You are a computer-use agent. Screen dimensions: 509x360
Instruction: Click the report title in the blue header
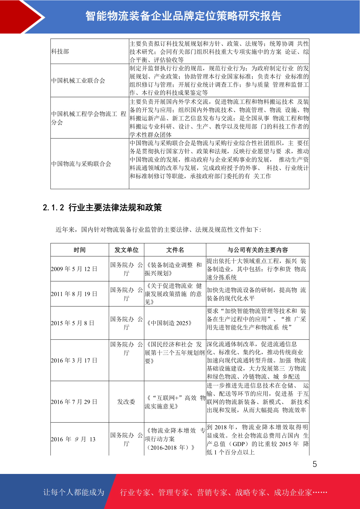(x=183, y=16)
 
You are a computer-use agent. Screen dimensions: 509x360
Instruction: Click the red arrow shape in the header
(x=21, y=17)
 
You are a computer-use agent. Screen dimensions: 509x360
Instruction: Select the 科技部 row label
(x=60, y=51)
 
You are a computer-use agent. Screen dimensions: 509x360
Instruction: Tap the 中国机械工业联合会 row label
(x=78, y=81)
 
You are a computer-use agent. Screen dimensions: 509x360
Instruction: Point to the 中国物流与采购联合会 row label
(x=81, y=164)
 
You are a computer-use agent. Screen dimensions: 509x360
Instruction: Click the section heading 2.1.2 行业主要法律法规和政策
(x=102, y=208)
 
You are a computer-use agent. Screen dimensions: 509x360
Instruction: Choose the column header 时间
(x=79, y=250)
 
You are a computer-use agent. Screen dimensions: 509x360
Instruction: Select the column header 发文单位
(x=126, y=250)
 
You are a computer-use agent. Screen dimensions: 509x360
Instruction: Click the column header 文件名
(x=175, y=250)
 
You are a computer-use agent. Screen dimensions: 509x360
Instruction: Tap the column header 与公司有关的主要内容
(x=258, y=250)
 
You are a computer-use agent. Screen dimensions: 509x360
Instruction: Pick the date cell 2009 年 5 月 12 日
(x=74, y=269)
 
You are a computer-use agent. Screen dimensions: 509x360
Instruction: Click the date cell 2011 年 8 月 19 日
(x=74, y=294)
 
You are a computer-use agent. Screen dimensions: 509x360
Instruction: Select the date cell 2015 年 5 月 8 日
(x=73, y=323)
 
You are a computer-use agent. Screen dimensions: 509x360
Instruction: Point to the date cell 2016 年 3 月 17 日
(x=74, y=360)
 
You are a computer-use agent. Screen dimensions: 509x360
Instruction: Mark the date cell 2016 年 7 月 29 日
(x=74, y=402)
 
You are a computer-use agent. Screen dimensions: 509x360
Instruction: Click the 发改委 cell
(x=126, y=402)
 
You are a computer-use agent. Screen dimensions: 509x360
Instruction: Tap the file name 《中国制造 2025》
(x=169, y=323)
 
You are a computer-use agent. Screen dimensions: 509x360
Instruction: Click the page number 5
(x=315, y=464)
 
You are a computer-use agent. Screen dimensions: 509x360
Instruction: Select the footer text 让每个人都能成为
(x=74, y=492)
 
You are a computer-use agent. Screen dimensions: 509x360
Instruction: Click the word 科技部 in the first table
(x=60, y=51)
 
